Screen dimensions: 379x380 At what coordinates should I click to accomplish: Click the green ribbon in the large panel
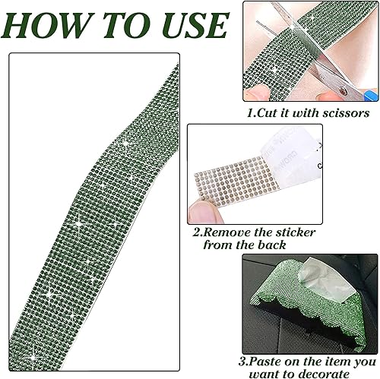(x=91, y=213)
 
